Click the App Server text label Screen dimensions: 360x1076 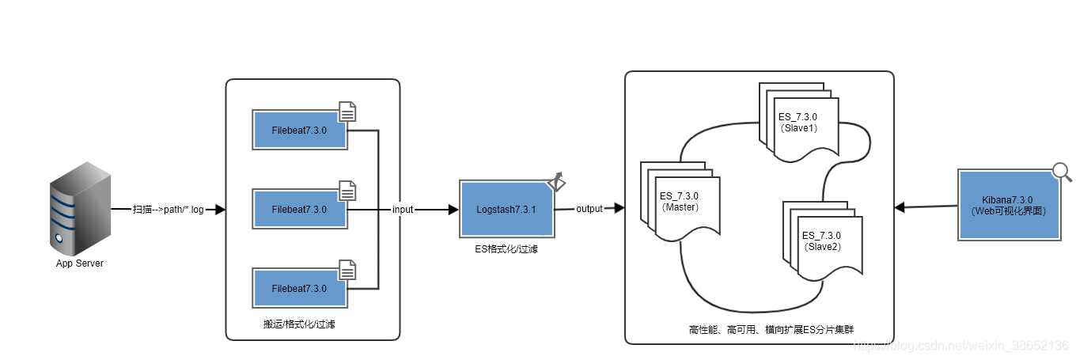coord(79,263)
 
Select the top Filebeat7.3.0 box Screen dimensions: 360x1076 coord(299,130)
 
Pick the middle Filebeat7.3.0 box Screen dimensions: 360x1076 coord(299,210)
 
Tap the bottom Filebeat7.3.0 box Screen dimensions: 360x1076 coord(299,289)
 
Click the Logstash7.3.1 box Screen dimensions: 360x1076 coord(506,210)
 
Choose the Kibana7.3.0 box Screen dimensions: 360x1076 coord(1008,205)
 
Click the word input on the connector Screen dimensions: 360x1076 coord(403,210)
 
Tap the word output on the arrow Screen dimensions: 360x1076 coord(589,209)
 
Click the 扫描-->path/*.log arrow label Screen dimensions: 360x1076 coord(169,210)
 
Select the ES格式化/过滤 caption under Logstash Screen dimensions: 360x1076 coord(506,248)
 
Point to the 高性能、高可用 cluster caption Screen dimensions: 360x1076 coord(760,328)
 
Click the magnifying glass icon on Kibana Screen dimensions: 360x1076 coord(1062,172)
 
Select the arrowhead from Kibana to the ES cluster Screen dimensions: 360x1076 coord(900,207)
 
